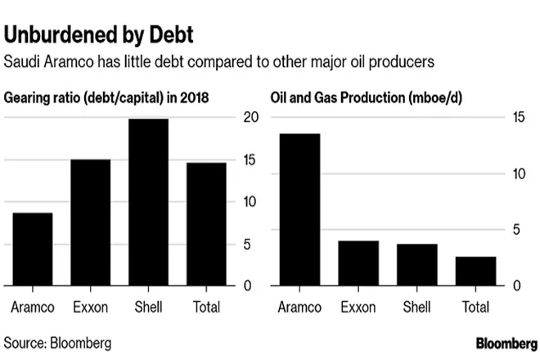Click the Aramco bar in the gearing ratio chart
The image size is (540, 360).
point(32,250)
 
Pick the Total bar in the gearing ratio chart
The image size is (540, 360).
point(205,224)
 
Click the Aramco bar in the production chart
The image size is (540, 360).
point(299,209)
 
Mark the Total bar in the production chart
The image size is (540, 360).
point(475,271)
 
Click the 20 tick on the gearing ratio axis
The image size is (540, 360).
point(252,118)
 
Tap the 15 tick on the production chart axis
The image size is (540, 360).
point(517,118)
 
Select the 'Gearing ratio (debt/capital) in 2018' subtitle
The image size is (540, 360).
point(106,97)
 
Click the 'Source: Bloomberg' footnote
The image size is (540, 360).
point(58,340)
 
